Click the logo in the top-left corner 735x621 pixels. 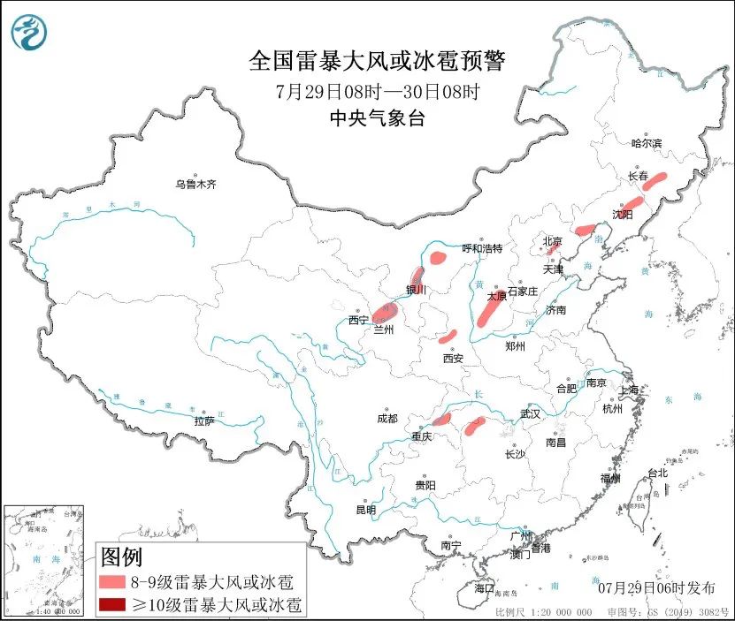29,33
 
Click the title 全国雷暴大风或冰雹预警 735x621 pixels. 378,61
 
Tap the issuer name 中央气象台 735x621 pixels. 377,118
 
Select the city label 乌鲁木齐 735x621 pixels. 195,185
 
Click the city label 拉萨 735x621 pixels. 204,421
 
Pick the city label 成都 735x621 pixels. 387,418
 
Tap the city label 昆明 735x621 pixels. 365,510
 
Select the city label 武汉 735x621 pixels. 531,413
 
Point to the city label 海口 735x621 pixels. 484,587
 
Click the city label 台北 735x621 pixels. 657,473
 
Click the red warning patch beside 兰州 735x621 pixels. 385,310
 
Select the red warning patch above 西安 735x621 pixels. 448,337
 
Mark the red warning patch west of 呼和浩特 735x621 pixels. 438,258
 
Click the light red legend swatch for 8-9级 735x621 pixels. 112,583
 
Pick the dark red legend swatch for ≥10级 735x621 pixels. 112,605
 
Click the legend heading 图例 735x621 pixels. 121,557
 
